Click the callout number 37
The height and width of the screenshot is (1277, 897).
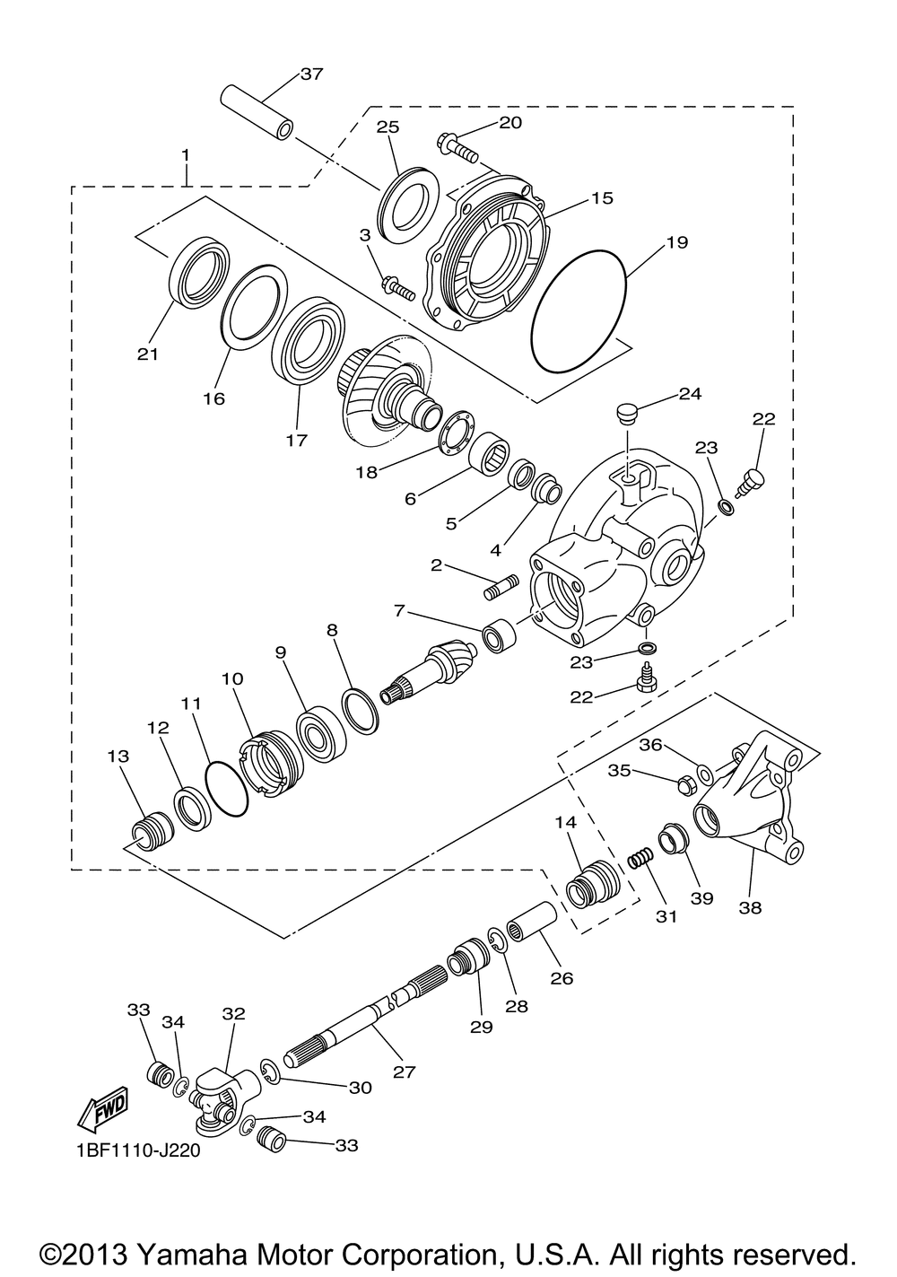pos(311,74)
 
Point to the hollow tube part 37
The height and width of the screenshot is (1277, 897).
pos(257,113)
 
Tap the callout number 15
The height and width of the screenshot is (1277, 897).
pos(602,197)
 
